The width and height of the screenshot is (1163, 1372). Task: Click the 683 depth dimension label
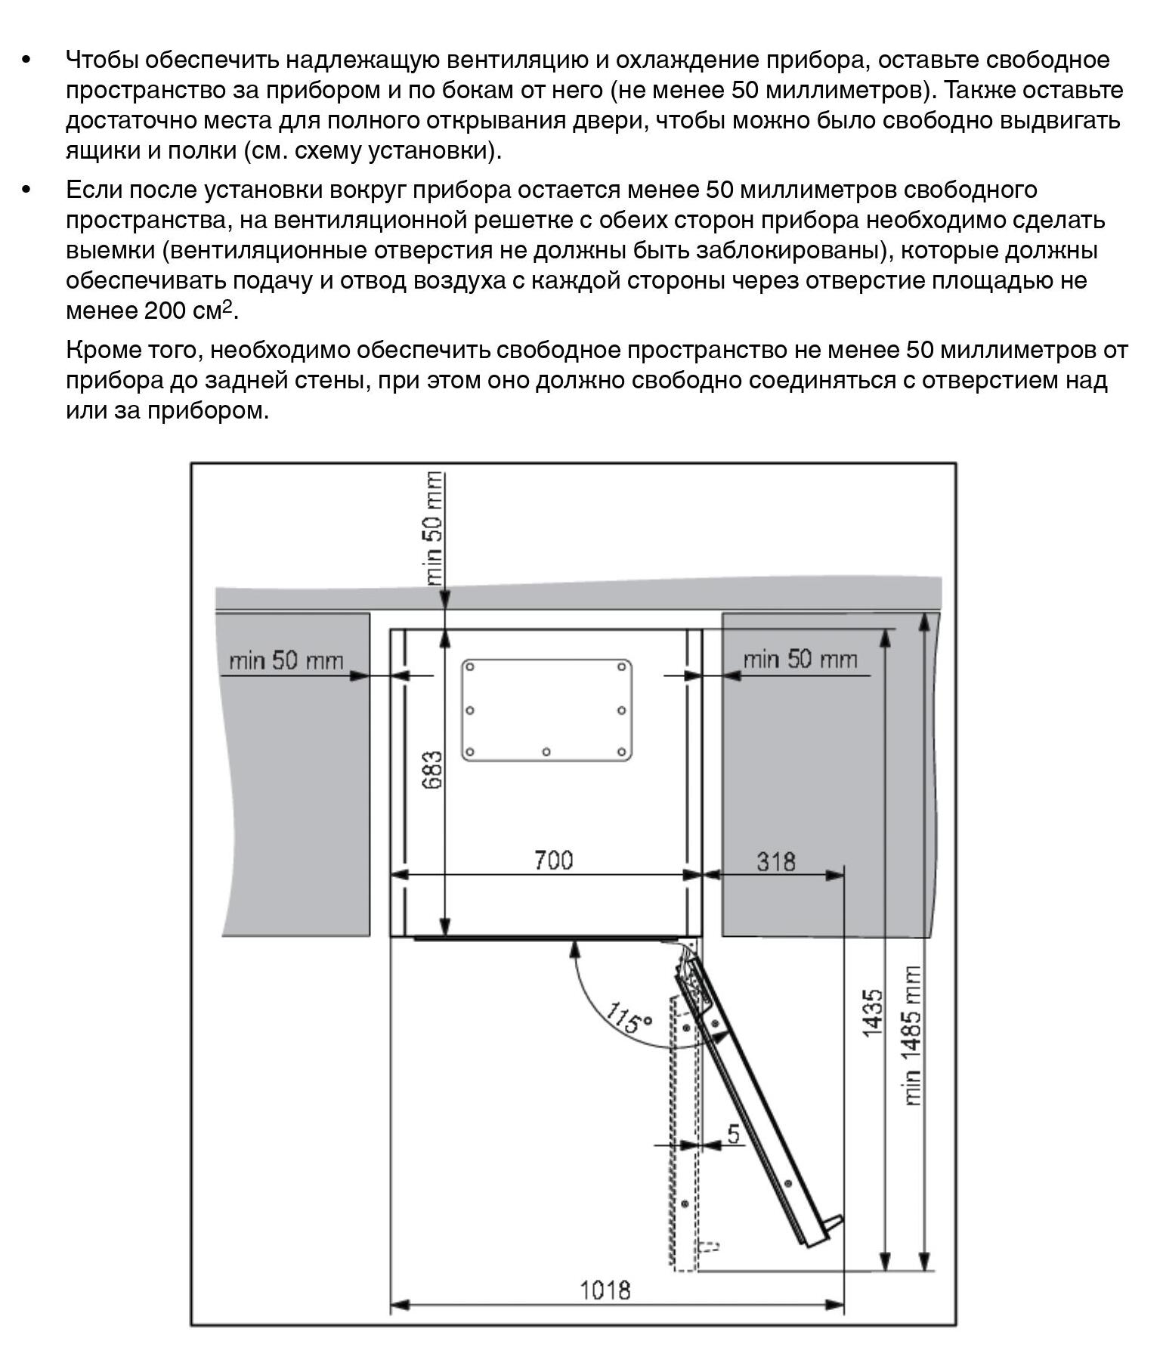432,770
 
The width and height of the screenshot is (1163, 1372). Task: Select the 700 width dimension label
553,861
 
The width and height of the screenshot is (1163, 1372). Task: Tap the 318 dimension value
775,861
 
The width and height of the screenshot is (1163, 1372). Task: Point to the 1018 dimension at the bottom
605,1290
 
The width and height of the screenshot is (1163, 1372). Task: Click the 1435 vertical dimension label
873,1013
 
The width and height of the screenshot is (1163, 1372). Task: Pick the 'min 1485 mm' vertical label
912,1036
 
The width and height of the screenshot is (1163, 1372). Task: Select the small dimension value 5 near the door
733,1134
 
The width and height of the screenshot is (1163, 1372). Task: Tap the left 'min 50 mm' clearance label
286,661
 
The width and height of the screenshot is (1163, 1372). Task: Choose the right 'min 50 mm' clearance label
800,660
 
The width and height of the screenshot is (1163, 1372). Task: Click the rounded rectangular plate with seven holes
546,709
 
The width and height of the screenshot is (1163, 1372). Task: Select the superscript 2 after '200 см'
227,305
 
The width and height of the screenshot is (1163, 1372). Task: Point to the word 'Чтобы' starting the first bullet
102,60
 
